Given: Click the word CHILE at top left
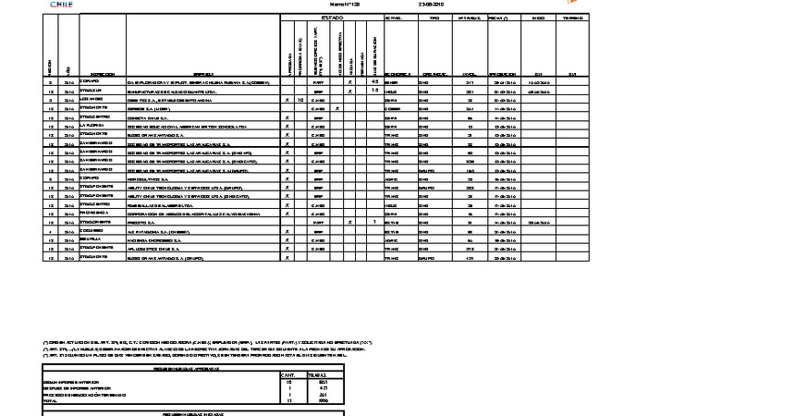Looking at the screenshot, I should coord(61,4).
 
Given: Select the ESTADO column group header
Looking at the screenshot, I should coord(332,18).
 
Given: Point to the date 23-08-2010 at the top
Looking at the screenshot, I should coord(433,5).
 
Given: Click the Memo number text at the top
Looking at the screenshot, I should coord(344,5).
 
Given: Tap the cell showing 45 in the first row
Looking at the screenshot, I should coord(374,82).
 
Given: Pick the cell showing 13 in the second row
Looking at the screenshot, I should coord(374,91).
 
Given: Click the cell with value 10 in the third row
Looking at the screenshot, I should coord(301,99).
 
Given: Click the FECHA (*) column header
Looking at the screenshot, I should coord(504,18).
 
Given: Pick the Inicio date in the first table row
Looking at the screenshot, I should coord(539,82).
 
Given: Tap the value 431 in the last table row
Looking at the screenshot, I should coord(470,258).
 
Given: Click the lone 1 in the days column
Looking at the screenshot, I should coord(374,223).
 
